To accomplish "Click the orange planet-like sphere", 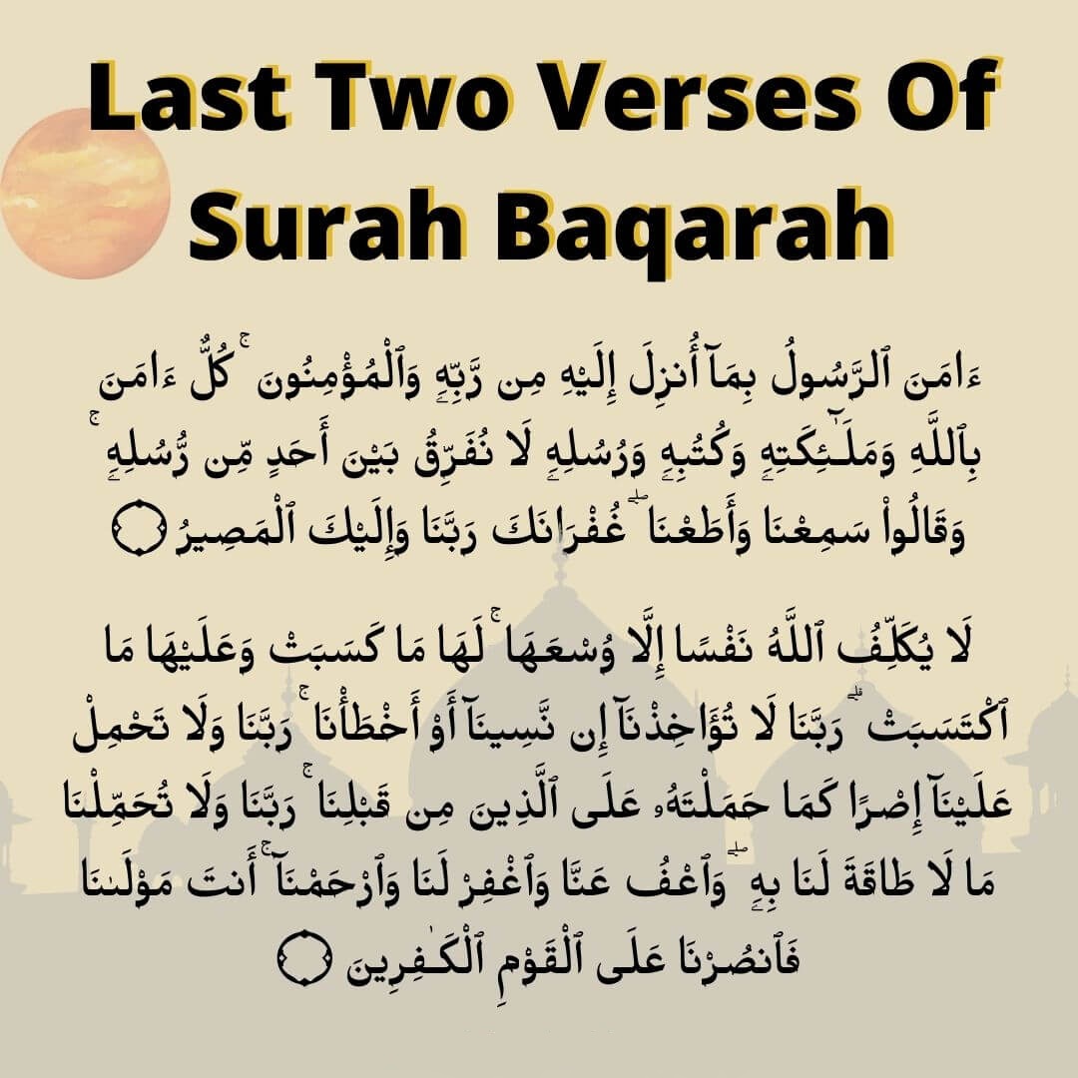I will (x=84, y=194).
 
